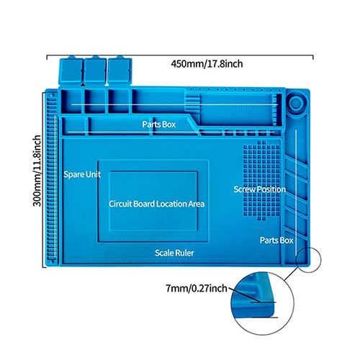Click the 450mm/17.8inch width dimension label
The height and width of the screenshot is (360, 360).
[x=207, y=64]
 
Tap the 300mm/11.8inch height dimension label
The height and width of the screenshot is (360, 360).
[x=37, y=171]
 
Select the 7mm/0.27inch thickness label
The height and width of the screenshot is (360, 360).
[x=197, y=288]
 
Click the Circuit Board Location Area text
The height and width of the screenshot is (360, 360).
[x=157, y=204]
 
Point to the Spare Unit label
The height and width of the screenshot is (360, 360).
[x=82, y=174]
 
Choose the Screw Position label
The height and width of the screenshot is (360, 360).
[x=260, y=189]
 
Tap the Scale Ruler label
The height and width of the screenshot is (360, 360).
[x=174, y=253]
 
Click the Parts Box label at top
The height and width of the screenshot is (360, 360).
[x=159, y=124]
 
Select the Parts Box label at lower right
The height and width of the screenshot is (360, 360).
[x=276, y=240]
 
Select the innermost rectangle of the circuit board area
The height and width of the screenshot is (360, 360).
[x=153, y=201]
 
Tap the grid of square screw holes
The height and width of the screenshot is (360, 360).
[x=261, y=181]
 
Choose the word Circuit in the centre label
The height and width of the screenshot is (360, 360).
[x=120, y=204]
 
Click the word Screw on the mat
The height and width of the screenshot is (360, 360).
[x=245, y=189]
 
